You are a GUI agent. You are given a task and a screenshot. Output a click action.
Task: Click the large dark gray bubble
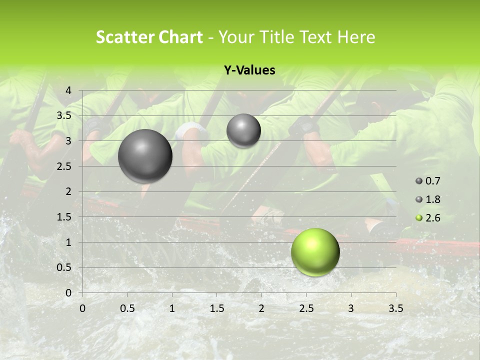tap(145, 156)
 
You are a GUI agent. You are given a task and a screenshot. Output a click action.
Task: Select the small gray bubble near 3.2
tap(243, 130)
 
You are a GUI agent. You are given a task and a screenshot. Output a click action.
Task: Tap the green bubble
tap(315, 252)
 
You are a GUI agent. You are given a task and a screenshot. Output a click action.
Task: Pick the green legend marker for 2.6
tap(419, 218)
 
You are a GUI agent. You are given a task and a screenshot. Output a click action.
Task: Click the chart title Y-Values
tap(249, 70)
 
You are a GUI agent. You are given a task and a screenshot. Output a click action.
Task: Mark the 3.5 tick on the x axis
tap(395, 308)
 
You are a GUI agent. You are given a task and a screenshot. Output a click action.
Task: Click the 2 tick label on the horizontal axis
tap(261, 308)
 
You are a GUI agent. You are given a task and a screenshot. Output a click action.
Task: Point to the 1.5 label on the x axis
tap(216, 308)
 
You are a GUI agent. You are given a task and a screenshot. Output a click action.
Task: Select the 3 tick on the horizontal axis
tap(351, 308)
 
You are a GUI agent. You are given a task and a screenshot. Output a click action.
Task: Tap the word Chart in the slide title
tap(181, 37)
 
